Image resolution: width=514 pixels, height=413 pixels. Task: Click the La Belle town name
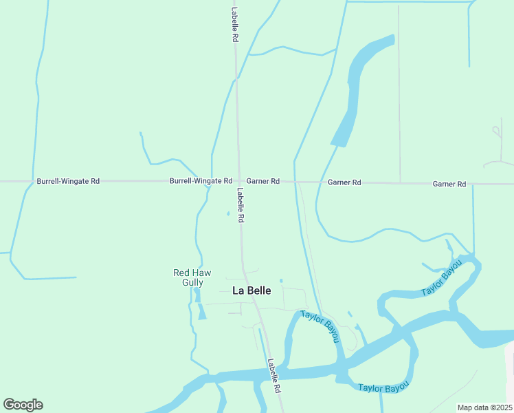click(x=252, y=290)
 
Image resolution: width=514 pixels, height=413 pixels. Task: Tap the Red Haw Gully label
click(x=188, y=277)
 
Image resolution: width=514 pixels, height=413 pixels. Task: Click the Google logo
click(x=23, y=405)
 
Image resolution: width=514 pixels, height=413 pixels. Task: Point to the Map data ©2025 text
click(x=484, y=407)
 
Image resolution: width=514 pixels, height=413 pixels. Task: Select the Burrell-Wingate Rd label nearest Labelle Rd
click(x=201, y=181)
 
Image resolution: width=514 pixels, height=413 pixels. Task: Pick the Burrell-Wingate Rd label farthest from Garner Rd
click(x=68, y=181)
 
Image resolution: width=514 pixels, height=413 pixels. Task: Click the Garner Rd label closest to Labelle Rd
click(x=263, y=181)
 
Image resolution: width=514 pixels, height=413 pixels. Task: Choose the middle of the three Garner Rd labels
click(x=344, y=182)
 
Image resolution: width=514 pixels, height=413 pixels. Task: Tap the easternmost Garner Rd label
click(x=449, y=184)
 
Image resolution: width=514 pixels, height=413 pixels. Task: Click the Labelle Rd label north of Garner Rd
click(x=234, y=25)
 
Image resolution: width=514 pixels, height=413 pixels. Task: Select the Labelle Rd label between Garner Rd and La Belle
click(x=241, y=205)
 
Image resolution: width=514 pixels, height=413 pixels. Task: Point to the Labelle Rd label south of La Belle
click(x=275, y=376)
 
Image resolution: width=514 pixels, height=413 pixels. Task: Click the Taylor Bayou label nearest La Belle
click(x=320, y=328)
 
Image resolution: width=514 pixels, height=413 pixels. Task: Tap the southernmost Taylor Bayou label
click(x=383, y=387)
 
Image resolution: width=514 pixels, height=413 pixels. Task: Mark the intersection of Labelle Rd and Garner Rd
click(x=238, y=182)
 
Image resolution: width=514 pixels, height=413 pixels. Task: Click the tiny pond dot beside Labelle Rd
click(x=228, y=213)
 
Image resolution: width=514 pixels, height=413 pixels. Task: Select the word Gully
click(x=193, y=282)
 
